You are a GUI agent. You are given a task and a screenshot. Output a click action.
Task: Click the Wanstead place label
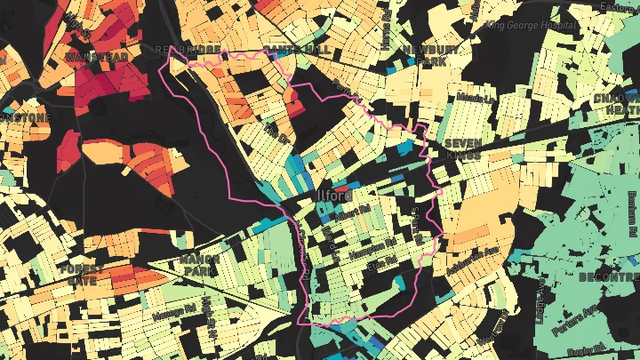pos(96,57)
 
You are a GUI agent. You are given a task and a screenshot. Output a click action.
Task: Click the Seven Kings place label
pos(462,148)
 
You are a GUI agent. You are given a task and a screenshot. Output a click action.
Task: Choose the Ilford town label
pos(333,196)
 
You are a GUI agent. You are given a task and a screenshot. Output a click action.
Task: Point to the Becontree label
pos(608,277)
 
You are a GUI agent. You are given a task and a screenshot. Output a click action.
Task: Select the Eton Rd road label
pos(381,263)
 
